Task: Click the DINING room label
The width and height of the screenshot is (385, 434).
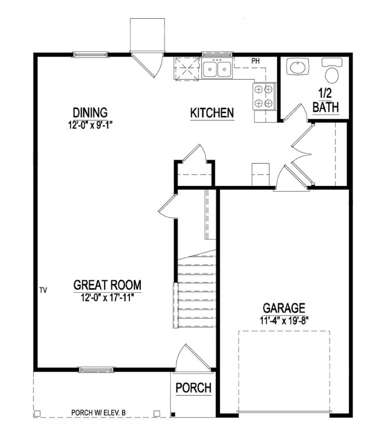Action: click(90, 112)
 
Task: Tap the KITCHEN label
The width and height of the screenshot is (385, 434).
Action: click(211, 113)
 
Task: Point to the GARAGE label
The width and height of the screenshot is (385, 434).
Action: click(284, 308)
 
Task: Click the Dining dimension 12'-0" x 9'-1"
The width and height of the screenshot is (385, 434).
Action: click(90, 124)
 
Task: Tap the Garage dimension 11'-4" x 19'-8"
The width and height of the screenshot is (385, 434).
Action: click(284, 320)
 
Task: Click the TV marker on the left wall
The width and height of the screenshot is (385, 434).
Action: click(43, 290)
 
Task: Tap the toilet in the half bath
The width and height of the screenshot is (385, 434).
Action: click(331, 71)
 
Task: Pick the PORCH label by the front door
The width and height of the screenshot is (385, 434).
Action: click(193, 388)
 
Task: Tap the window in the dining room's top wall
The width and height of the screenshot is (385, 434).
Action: click(90, 54)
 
